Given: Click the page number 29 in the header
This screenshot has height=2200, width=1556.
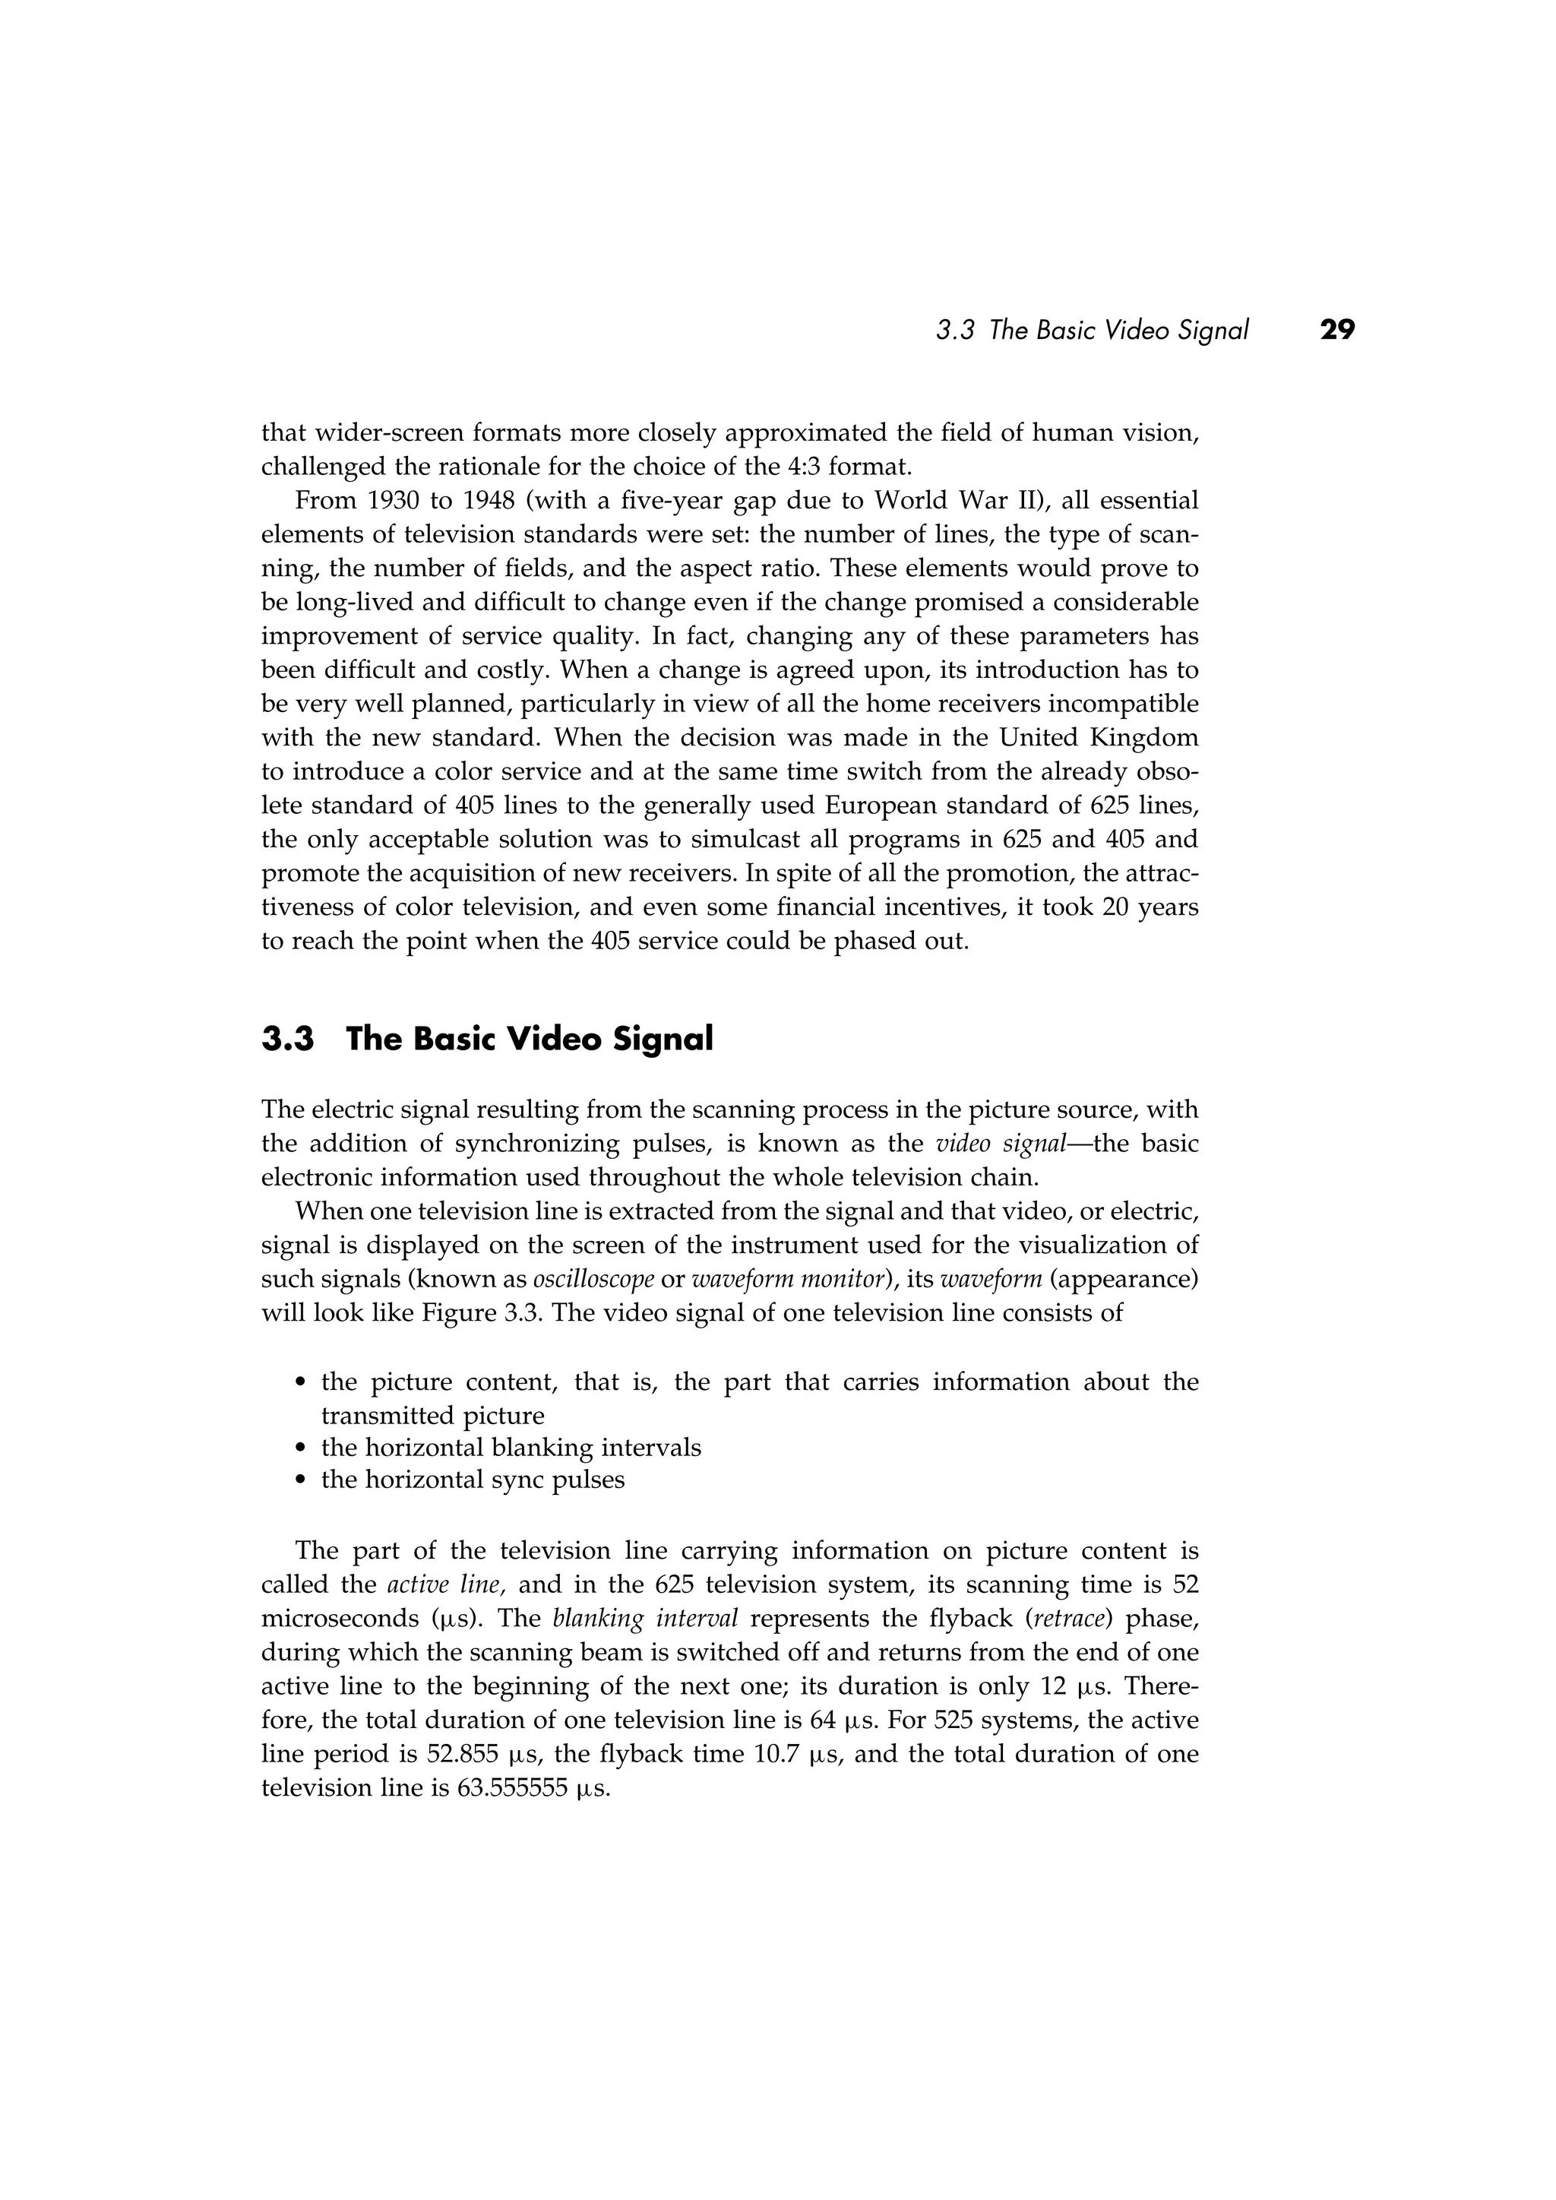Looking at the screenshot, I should point(1337,331).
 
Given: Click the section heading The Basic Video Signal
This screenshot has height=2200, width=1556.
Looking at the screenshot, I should point(529,1039).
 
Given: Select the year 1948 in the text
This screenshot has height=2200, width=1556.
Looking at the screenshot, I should point(485,501).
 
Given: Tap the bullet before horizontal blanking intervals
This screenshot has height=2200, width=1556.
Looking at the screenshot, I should point(301,1448).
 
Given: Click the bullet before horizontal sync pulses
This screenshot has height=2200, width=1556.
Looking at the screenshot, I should point(301,1481).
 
